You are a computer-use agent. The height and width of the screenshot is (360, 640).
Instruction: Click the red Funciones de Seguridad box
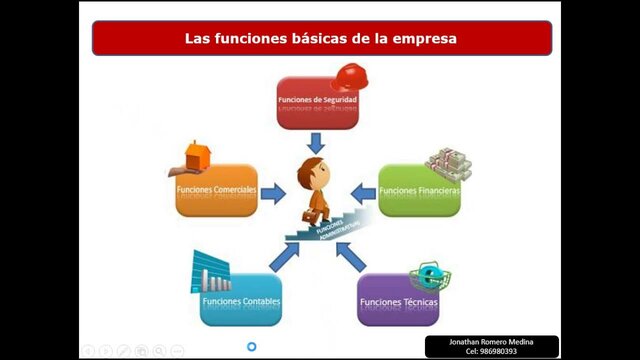coord(317,102)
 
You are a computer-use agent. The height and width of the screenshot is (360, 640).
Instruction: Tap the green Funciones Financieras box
coord(419,190)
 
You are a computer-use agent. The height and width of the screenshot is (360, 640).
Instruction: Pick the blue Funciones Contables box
coord(241,300)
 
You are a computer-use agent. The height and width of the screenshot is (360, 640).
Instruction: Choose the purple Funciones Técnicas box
coord(398,300)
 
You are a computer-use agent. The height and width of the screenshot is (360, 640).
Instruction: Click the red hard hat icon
coord(348,76)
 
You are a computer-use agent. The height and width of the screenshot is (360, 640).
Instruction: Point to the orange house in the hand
coord(197,154)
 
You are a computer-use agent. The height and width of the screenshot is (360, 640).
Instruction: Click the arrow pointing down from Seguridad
coord(317,141)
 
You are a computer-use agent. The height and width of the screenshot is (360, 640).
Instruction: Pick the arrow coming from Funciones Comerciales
coord(272,193)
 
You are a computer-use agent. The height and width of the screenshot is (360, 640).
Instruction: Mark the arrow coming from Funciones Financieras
coord(363,193)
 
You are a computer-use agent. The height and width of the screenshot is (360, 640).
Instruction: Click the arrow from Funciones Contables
coord(284,256)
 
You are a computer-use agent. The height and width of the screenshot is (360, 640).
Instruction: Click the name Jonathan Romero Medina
coord(492,342)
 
